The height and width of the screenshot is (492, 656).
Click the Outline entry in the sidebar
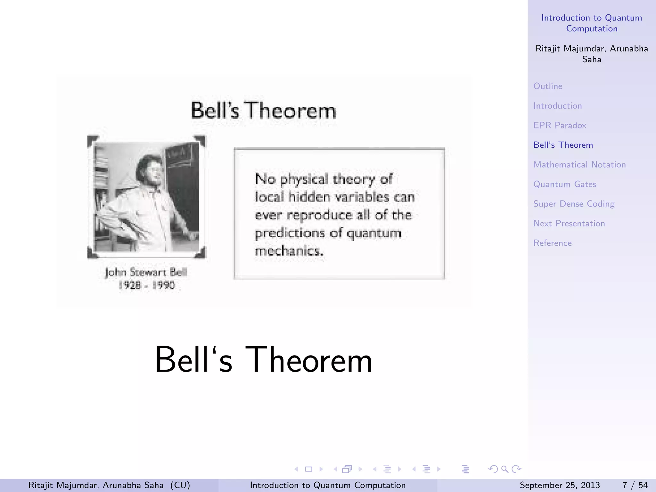tap(548, 86)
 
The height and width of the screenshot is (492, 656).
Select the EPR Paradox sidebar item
tap(560, 125)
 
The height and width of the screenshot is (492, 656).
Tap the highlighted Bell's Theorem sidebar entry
tap(563, 145)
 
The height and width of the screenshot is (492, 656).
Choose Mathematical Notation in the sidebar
tap(579, 165)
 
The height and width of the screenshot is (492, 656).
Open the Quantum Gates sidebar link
tap(565, 184)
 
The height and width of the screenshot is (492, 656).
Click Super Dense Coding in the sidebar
tap(574, 204)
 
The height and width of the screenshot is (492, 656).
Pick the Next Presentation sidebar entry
tap(569, 224)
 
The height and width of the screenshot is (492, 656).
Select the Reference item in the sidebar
tap(552, 243)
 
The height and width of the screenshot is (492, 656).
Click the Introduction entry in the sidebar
tap(557, 106)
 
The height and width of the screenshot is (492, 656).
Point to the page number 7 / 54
tap(635, 485)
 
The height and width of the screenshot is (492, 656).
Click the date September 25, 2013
tap(560, 485)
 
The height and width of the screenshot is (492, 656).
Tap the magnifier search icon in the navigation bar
tap(504, 469)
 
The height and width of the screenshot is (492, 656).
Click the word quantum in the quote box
tap(374, 233)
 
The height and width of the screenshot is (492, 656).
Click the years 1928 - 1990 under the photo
tap(147, 285)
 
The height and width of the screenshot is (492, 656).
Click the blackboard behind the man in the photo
tap(183, 186)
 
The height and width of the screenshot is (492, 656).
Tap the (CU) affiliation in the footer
tap(180, 485)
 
